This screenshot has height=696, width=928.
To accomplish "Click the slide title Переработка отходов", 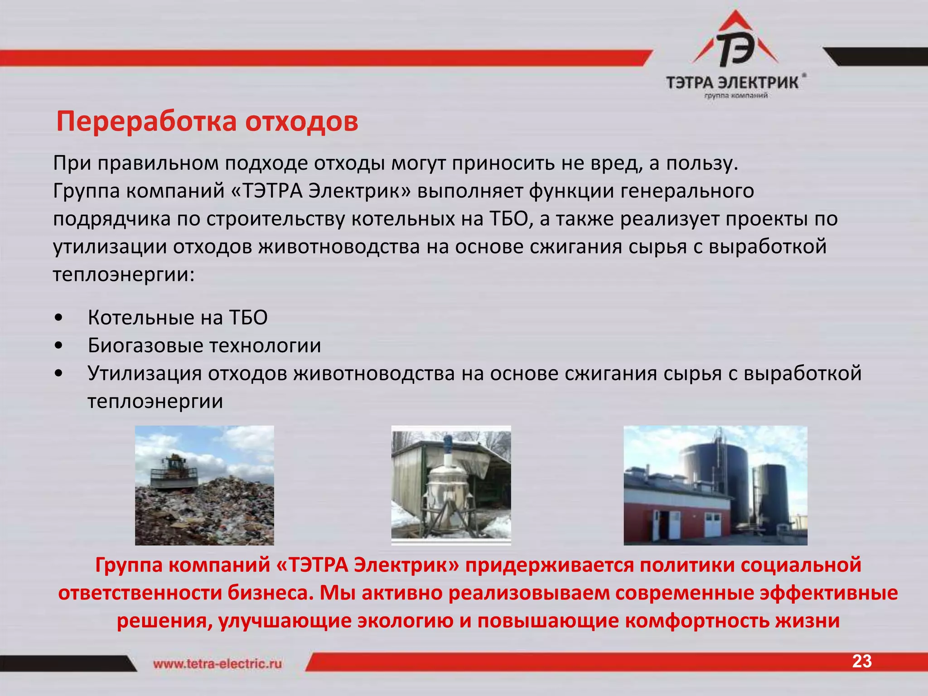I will (x=207, y=121).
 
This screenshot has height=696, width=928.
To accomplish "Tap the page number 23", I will (x=861, y=662).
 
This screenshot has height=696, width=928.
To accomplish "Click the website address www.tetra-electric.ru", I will (x=217, y=664).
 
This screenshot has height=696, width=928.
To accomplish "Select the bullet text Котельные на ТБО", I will (x=178, y=318).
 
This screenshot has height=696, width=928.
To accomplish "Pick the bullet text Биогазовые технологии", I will (x=204, y=346).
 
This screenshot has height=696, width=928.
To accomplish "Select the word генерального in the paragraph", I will (x=687, y=191).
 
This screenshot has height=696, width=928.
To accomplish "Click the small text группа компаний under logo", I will (x=735, y=96).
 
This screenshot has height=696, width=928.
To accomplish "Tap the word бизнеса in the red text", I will (x=271, y=593).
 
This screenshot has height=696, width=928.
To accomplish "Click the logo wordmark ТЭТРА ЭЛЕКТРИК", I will (x=732, y=82).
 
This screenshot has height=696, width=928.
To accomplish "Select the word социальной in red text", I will (x=801, y=565).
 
